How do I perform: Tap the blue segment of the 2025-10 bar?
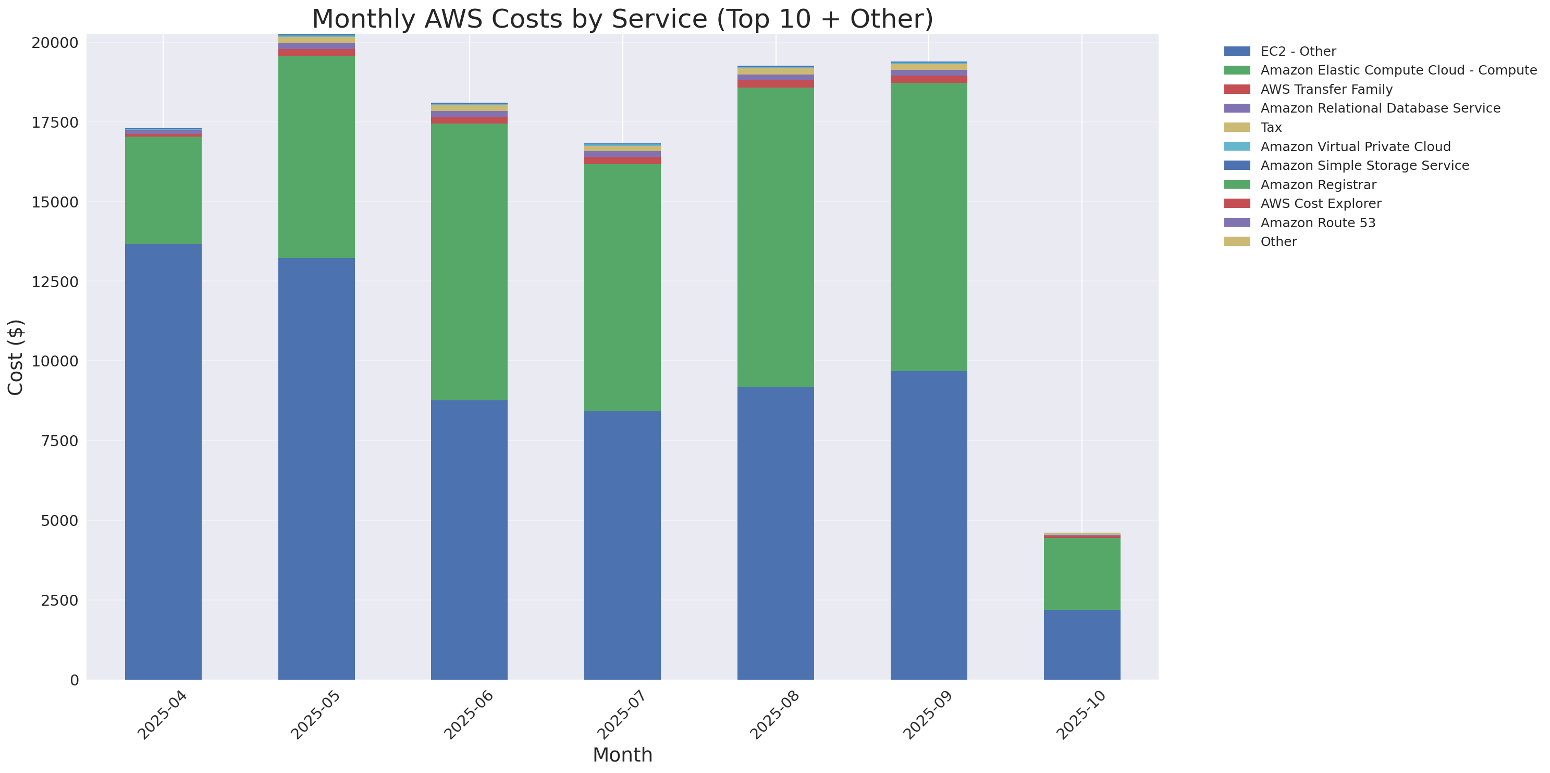pyautogui.click(x=1081, y=644)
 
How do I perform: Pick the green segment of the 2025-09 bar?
pyautogui.click(x=928, y=227)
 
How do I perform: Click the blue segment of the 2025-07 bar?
pyautogui.click(x=622, y=545)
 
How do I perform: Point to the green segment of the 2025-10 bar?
pyautogui.click(x=1081, y=573)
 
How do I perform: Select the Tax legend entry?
pyautogui.click(x=1270, y=128)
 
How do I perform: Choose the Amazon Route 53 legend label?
pyautogui.click(x=1317, y=223)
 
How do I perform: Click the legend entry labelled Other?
pyautogui.click(x=1278, y=242)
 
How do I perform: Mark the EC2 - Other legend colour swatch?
pyautogui.click(x=1237, y=51)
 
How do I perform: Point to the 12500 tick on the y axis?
pyautogui.click(x=55, y=282)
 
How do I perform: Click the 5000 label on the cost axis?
pyautogui.click(x=59, y=521)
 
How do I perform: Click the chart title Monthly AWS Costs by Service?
pyautogui.click(x=622, y=19)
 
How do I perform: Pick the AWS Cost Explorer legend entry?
pyautogui.click(x=1320, y=204)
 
